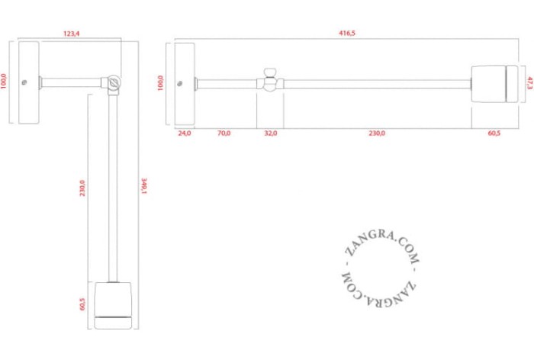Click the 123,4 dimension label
[x=71, y=34]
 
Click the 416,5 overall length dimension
[x=346, y=33]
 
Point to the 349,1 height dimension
[x=143, y=186]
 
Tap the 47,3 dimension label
[x=529, y=83]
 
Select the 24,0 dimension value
[x=185, y=133]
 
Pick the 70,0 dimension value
[x=224, y=133]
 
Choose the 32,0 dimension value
[x=271, y=133]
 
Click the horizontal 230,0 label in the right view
[x=377, y=133]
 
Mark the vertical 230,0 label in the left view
[x=82, y=188]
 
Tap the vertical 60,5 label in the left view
[x=82, y=304]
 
